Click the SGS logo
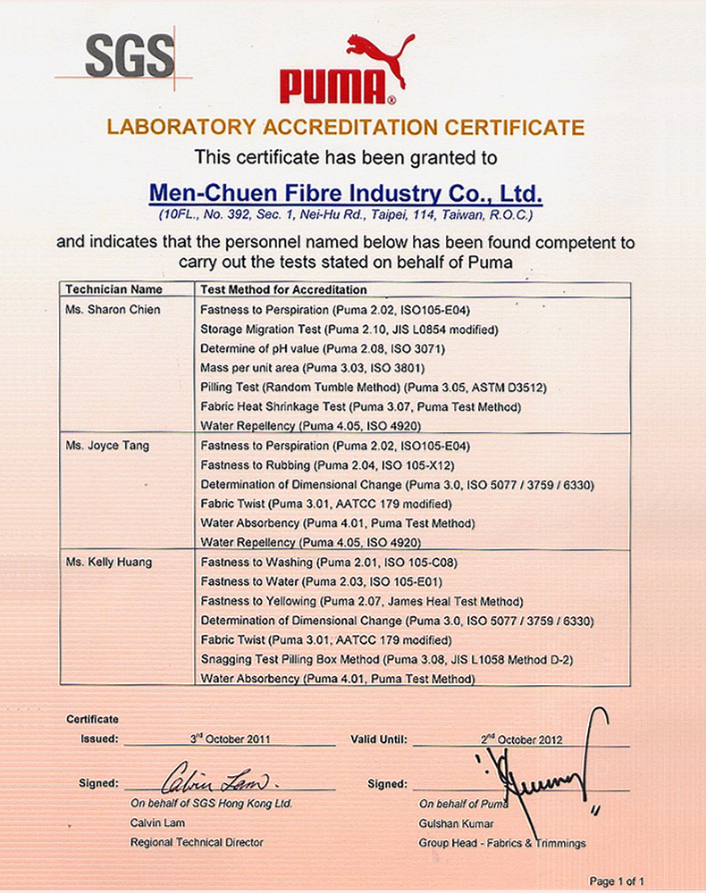[x=130, y=56]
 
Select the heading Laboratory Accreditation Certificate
[x=345, y=127]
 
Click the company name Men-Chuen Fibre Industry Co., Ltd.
[x=345, y=193]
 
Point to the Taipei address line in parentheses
[x=345, y=215]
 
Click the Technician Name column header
[x=113, y=289]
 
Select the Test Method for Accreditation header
[x=284, y=289]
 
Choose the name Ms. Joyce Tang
[x=107, y=445]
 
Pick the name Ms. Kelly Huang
[x=109, y=562]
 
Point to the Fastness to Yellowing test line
[x=362, y=601]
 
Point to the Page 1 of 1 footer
[x=617, y=880]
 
